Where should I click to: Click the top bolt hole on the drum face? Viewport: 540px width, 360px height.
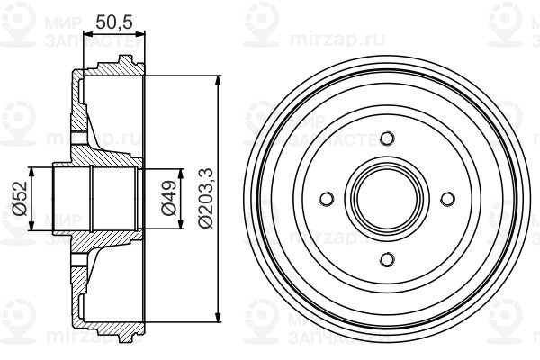[x=388, y=139]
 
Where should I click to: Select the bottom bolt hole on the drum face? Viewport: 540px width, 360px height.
[x=388, y=259]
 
